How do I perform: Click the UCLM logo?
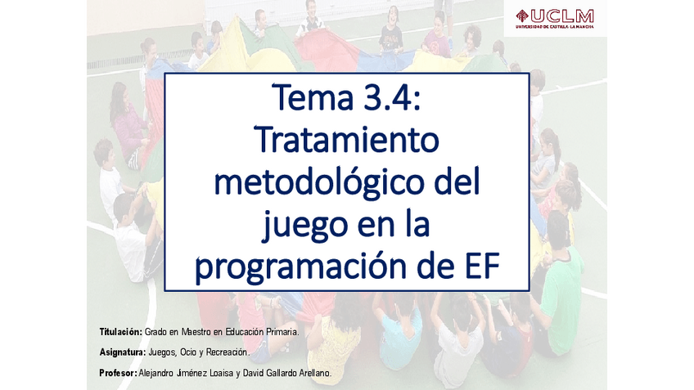tap(554, 17)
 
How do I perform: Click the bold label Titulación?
tap(120, 332)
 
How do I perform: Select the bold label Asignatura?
tap(122, 352)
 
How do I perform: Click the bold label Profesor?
tap(117, 373)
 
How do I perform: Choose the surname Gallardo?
tap(275, 373)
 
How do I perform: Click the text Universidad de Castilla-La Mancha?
tap(554, 27)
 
